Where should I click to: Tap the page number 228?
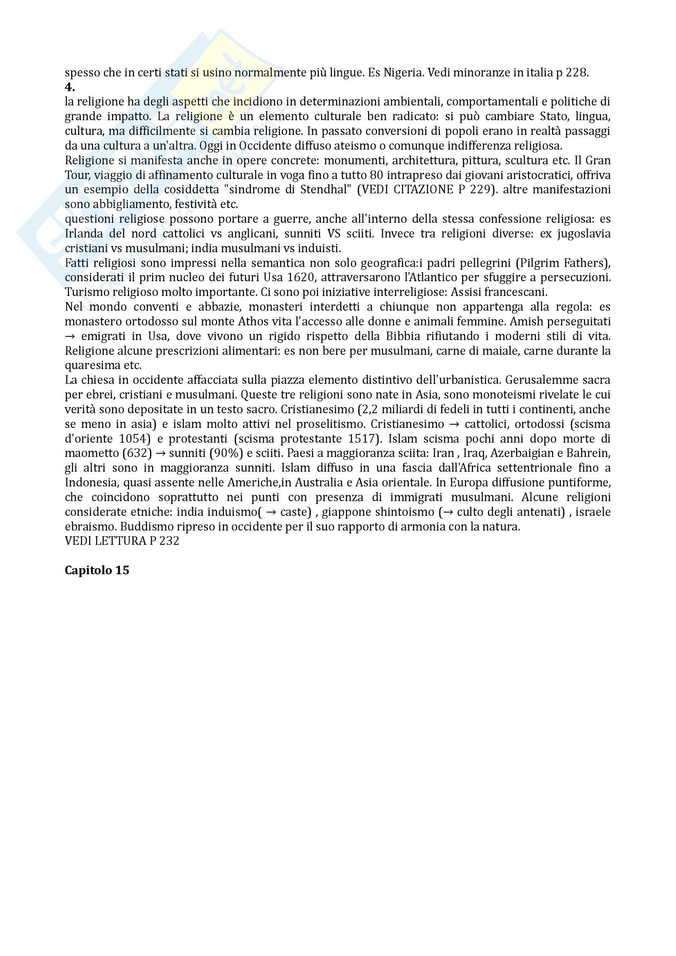[577, 73]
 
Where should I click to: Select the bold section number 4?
[70, 87]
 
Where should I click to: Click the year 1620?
[301, 278]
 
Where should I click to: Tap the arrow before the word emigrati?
[70, 336]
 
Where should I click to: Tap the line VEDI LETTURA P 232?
[122, 541]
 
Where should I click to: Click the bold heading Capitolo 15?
[97, 571]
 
